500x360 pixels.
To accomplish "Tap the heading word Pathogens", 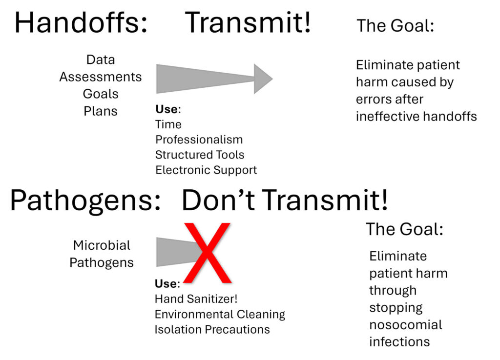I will tap(85, 200).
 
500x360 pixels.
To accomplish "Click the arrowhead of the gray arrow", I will tap(263, 78).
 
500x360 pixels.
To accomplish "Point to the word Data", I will tap(101, 60).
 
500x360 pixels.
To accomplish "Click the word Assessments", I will tap(101, 77).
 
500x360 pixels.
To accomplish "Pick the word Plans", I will tap(101, 111).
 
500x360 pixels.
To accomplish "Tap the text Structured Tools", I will tap(200, 155).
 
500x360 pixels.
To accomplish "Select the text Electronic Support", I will tap(206, 170).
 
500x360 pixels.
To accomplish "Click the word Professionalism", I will tap(199, 140).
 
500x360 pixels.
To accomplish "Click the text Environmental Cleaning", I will tap(220, 314).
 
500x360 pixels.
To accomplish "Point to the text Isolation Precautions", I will tap(212, 329).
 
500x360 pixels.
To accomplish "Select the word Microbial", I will tap(102, 245).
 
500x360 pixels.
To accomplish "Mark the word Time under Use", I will tap(168, 124).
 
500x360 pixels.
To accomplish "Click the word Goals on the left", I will tap(101, 94).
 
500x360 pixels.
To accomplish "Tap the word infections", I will tap(399, 341).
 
